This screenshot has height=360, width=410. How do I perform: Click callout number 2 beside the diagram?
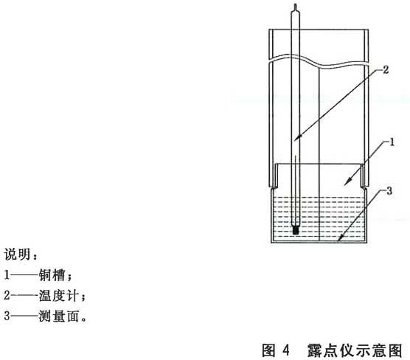point(386,70)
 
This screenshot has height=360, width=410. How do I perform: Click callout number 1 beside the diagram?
point(392,142)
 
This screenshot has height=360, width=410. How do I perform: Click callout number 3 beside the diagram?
point(389,191)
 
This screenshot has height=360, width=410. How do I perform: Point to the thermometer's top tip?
point(296,4)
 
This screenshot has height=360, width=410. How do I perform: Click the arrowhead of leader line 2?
point(297,138)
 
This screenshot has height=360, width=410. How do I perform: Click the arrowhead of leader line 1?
point(347,182)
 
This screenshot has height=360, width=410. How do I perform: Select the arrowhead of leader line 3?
point(339,238)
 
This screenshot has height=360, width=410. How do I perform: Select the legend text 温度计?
point(58,296)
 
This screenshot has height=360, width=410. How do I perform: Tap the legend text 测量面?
point(58,316)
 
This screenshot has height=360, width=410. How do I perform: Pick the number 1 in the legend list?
point(7,275)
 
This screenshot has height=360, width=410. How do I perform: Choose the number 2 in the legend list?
point(7,295)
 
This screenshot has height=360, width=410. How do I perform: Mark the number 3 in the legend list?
point(7,316)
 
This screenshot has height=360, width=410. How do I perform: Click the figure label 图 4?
point(276,350)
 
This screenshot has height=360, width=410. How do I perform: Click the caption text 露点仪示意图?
point(355,350)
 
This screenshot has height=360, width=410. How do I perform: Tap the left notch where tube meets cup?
point(274,187)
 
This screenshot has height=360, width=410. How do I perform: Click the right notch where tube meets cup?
point(364,187)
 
